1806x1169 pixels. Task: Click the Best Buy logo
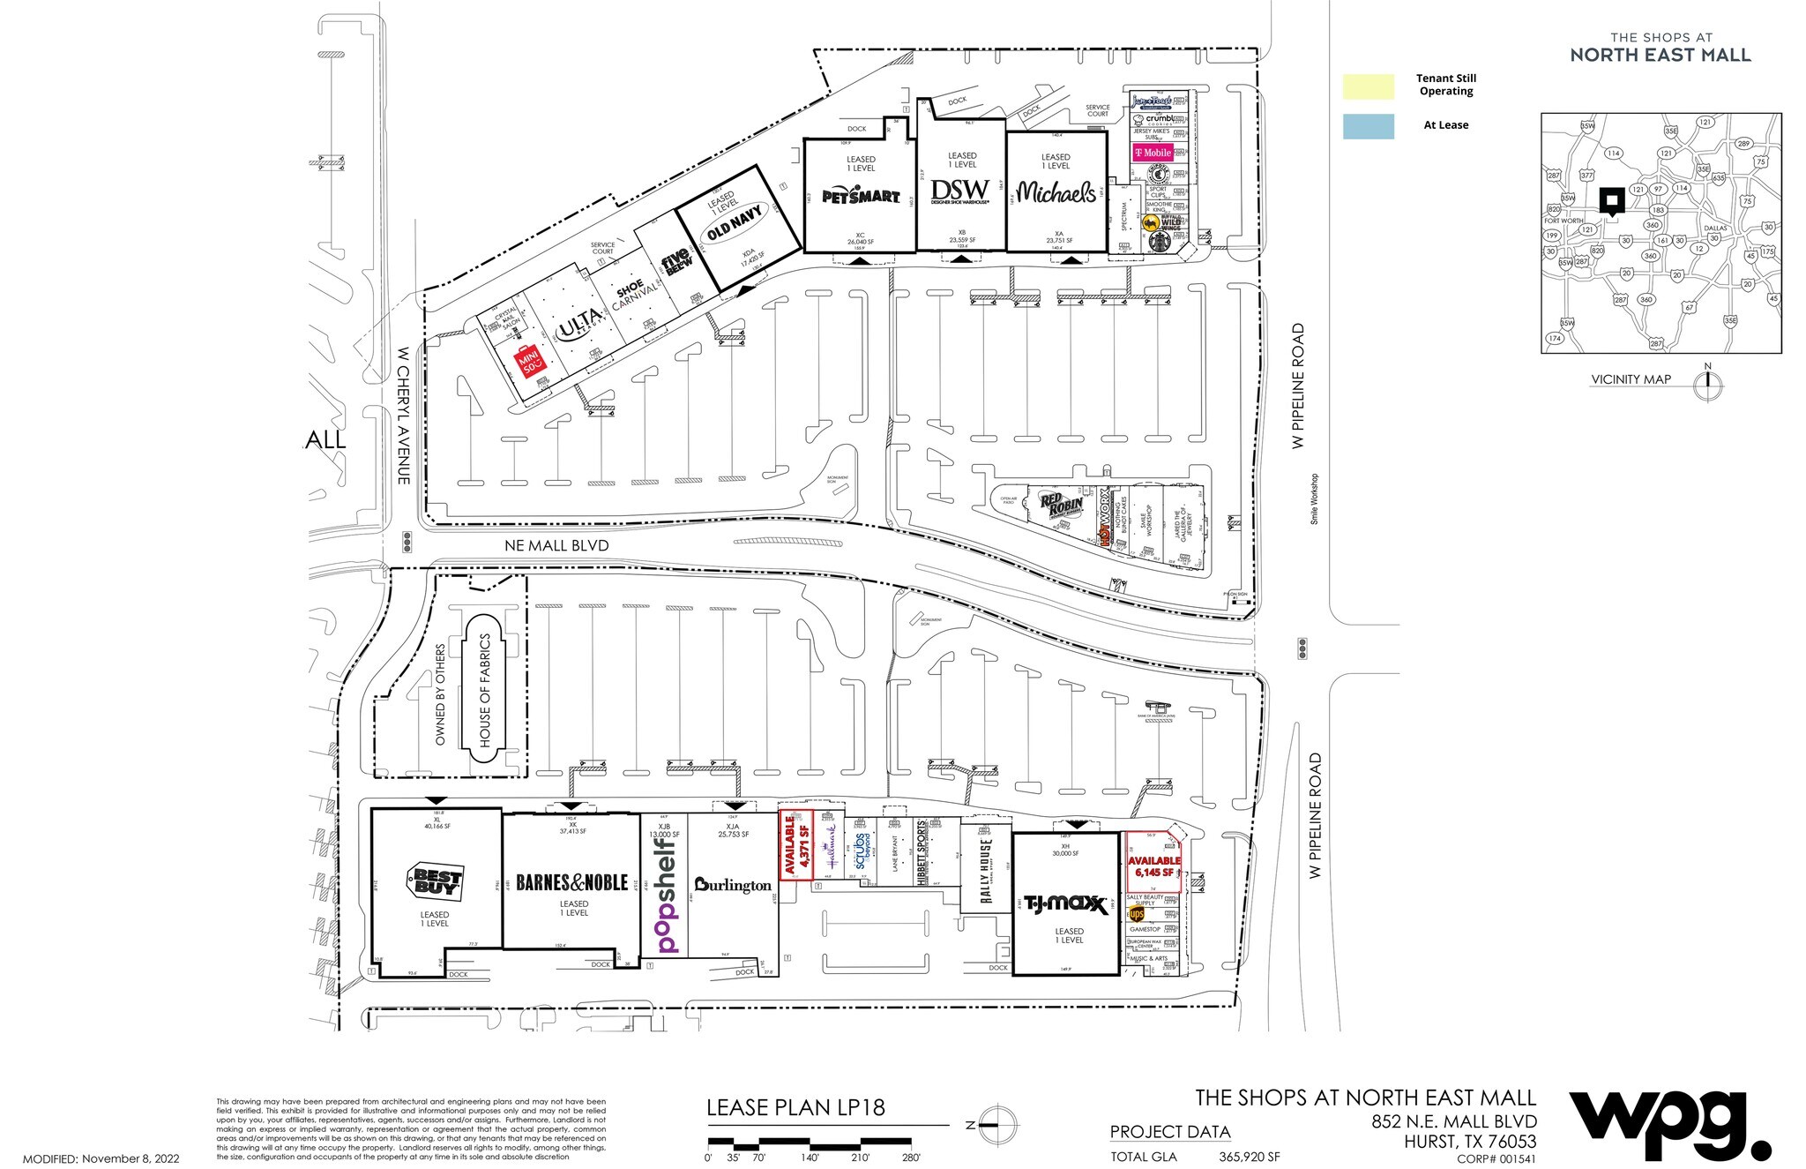point(434,881)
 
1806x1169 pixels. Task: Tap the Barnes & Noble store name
point(571,882)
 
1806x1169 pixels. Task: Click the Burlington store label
point(732,884)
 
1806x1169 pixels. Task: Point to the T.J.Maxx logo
point(1065,904)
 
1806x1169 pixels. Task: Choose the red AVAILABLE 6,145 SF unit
point(1153,866)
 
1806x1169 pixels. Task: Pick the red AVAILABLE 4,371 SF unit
point(795,845)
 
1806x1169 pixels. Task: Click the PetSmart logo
point(861,196)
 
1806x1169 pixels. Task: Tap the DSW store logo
point(960,191)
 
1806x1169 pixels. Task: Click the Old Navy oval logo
point(733,222)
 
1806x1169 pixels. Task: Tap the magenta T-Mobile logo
point(1152,153)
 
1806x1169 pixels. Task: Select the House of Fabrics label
point(484,691)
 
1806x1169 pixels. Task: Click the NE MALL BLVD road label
point(556,546)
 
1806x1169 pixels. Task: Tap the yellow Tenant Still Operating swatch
point(1368,86)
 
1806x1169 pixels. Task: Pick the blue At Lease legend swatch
point(1368,126)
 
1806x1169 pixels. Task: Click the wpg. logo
point(1667,1125)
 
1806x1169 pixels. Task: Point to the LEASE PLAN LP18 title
point(795,1108)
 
